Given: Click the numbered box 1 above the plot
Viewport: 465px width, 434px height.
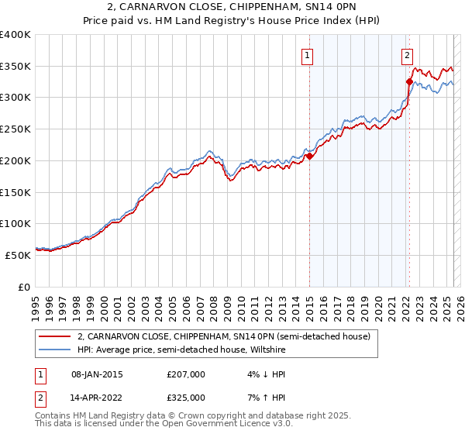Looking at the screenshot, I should (308, 55).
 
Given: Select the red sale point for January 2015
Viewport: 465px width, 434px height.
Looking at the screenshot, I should (309, 156).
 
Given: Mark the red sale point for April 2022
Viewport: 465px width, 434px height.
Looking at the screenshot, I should (409, 81).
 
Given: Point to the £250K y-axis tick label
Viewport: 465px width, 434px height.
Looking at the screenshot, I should (15, 129).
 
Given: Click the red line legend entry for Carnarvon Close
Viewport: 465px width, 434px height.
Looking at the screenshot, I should (224, 336).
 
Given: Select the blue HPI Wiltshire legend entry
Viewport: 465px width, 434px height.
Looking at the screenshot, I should (181, 350).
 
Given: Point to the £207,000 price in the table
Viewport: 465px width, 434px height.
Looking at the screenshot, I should (186, 374).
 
